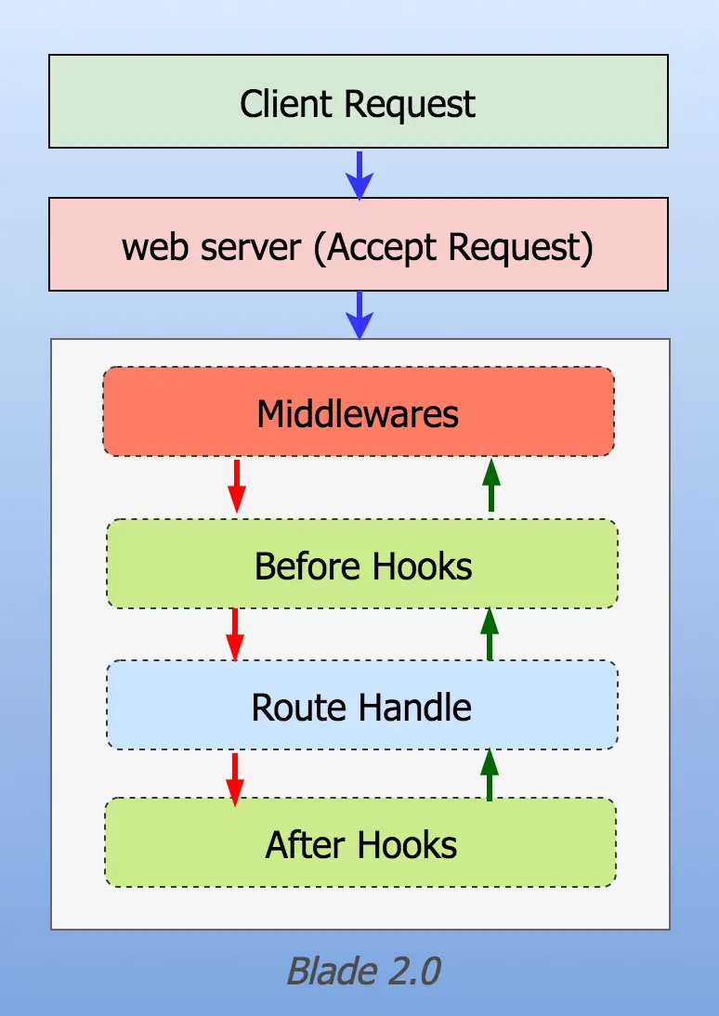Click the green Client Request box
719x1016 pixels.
(x=359, y=102)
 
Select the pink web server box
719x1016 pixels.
(x=359, y=244)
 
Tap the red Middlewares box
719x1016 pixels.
(x=359, y=411)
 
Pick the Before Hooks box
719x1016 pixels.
(x=362, y=564)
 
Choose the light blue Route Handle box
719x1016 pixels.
(x=362, y=705)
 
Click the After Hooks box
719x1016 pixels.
(x=360, y=842)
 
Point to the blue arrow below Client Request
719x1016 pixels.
(x=359, y=175)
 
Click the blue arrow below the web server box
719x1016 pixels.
(x=359, y=315)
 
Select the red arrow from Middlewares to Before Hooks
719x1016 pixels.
(x=237, y=486)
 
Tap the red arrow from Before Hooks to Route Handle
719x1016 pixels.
(x=235, y=634)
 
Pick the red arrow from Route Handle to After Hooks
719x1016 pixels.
(x=235, y=779)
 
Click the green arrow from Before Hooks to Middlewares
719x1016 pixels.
(x=491, y=485)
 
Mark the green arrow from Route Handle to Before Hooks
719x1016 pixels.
(x=490, y=633)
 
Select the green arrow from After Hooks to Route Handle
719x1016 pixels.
(x=490, y=775)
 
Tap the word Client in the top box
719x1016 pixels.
(x=286, y=103)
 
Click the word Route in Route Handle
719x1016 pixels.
(x=299, y=707)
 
